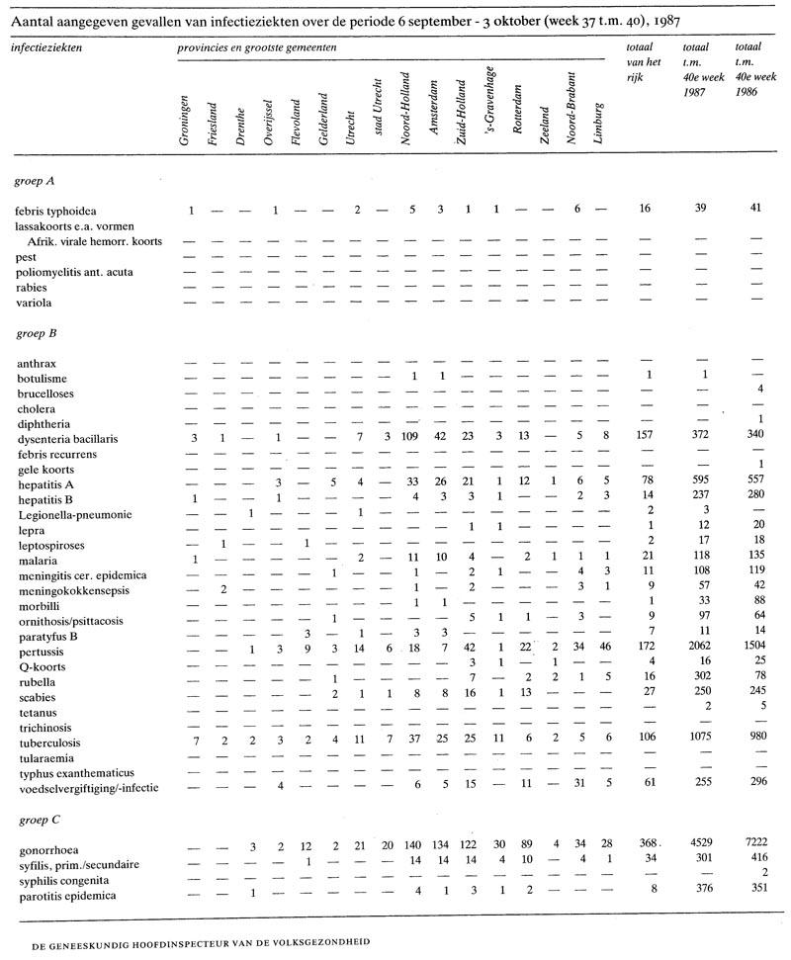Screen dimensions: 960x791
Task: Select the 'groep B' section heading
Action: [36, 333]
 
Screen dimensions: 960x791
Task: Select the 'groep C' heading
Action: [36, 820]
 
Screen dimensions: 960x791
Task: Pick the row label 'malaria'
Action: [36, 561]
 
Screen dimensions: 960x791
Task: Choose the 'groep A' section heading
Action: [36, 181]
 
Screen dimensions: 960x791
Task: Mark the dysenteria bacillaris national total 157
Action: [650, 438]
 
